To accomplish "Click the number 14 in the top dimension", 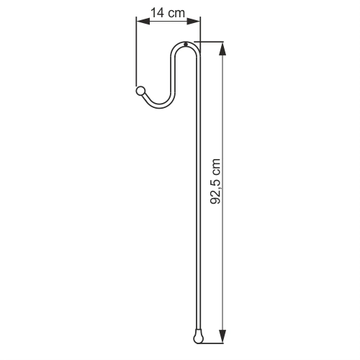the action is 158,13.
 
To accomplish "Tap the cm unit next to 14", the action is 176,14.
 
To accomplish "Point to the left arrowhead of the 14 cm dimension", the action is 143,22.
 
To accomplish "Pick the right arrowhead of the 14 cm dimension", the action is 194,22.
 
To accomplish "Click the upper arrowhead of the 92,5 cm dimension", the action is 223,49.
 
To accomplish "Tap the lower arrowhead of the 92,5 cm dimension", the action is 223,336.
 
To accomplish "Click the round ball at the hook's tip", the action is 140,91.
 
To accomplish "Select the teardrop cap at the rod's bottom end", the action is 198,338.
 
